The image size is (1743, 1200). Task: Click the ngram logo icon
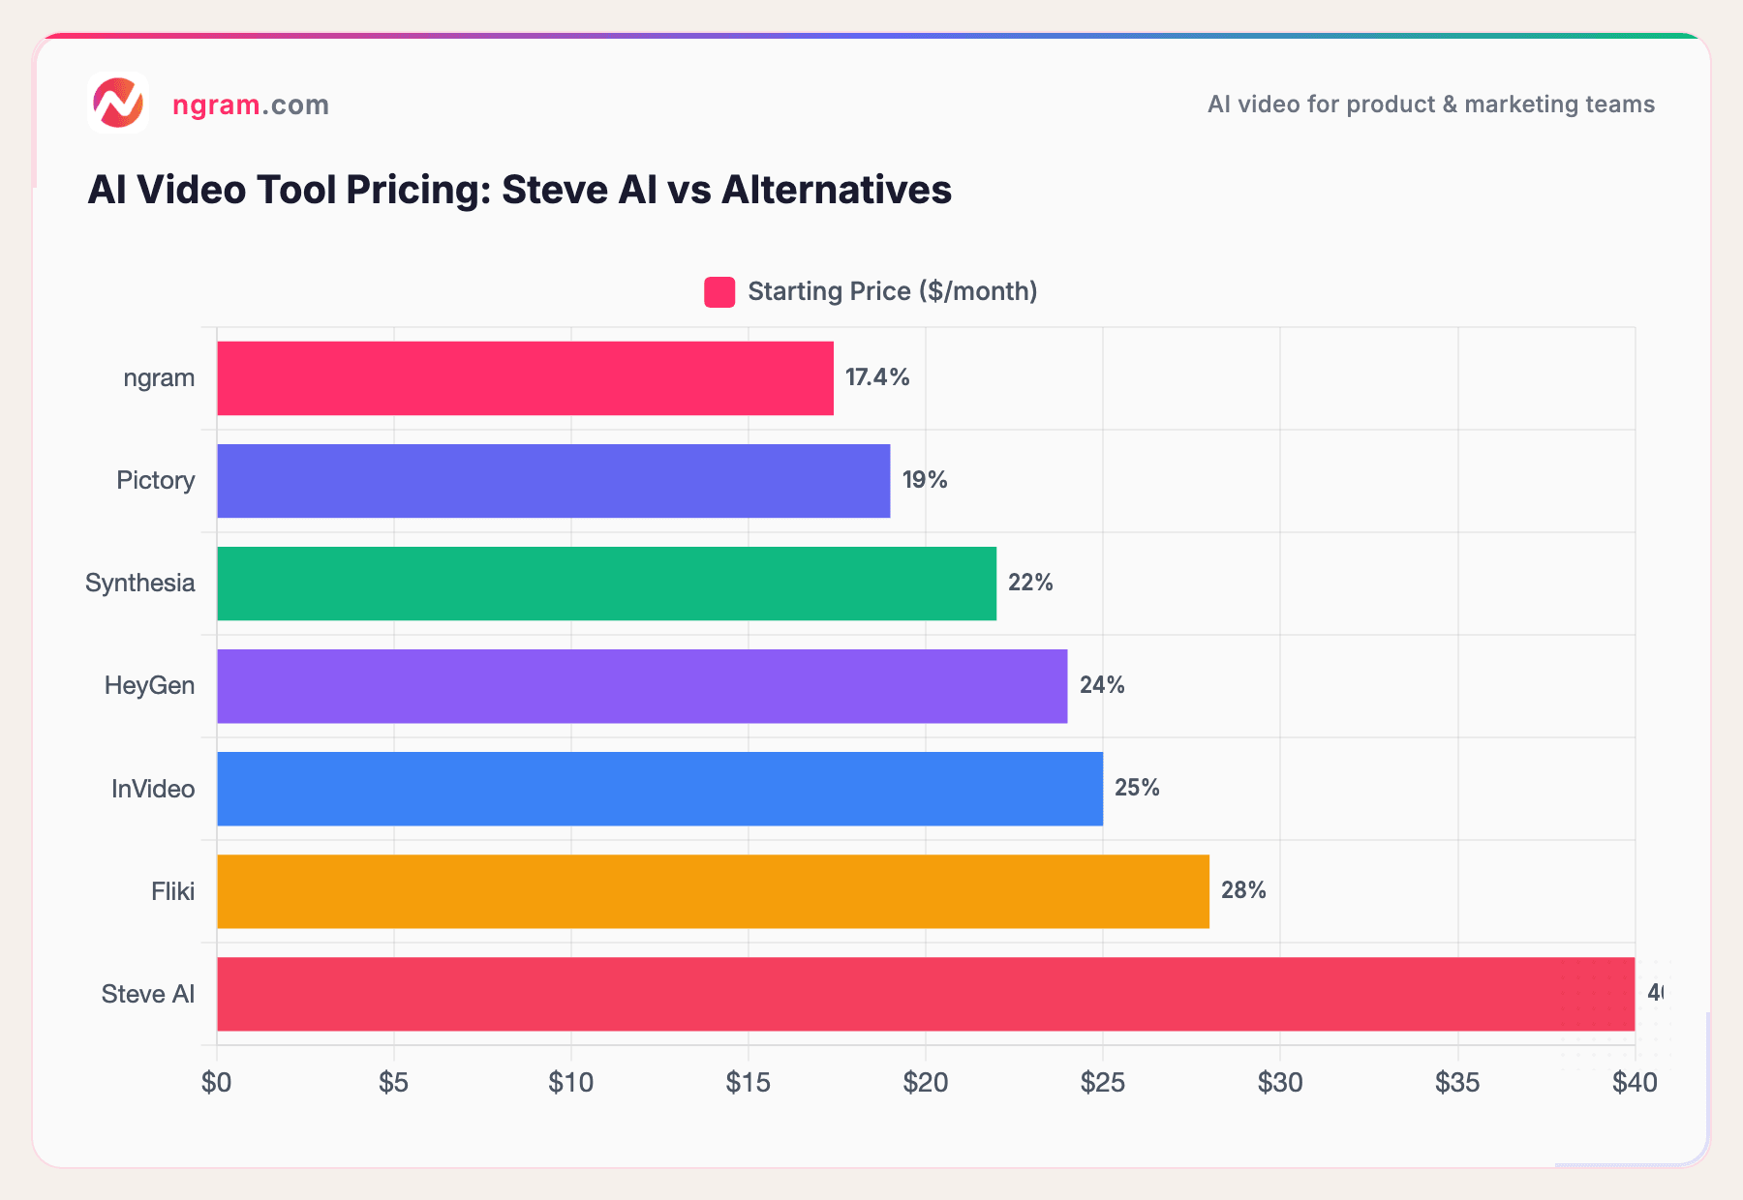[x=118, y=103]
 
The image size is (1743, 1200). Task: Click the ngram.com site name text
[x=250, y=105]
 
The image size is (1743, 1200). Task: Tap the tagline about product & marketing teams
[x=1430, y=105]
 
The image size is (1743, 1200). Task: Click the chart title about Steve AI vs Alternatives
[x=519, y=190]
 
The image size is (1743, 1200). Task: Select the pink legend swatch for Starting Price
[x=719, y=292]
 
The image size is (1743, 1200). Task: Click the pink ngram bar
[x=525, y=378]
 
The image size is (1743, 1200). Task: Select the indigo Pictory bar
[x=553, y=481]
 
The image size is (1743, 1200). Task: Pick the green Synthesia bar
[x=606, y=584]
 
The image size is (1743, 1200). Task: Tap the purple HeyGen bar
[x=642, y=686]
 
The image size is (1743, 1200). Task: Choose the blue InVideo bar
[x=659, y=789]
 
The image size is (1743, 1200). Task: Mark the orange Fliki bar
[x=713, y=891]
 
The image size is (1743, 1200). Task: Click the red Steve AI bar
[x=925, y=994]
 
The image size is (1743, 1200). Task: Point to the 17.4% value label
[x=877, y=377]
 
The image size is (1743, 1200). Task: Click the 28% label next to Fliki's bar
[x=1243, y=890]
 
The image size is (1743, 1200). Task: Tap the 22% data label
[x=1030, y=583]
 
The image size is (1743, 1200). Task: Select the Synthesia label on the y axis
[x=140, y=584]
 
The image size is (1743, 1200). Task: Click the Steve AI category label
[x=148, y=994]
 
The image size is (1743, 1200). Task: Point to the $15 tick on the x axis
[x=748, y=1083]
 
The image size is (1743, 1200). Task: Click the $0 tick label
[x=216, y=1083]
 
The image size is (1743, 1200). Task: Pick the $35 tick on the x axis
[x=1457, y=1083]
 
